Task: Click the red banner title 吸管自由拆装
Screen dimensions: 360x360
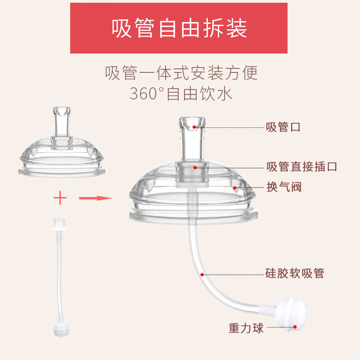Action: (180, 28)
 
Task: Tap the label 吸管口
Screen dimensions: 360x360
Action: (283, 127)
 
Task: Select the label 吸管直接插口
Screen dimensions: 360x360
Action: (301, 167)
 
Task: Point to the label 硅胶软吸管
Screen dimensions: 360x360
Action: (295, 273)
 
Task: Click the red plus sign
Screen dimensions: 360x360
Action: (60, 198)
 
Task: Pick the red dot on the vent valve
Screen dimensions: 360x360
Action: (235, 186)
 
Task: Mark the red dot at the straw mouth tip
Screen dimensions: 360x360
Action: (194, 127)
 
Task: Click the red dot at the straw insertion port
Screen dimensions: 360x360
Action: (195, 167)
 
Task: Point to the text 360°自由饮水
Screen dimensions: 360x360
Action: (180, 94)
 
